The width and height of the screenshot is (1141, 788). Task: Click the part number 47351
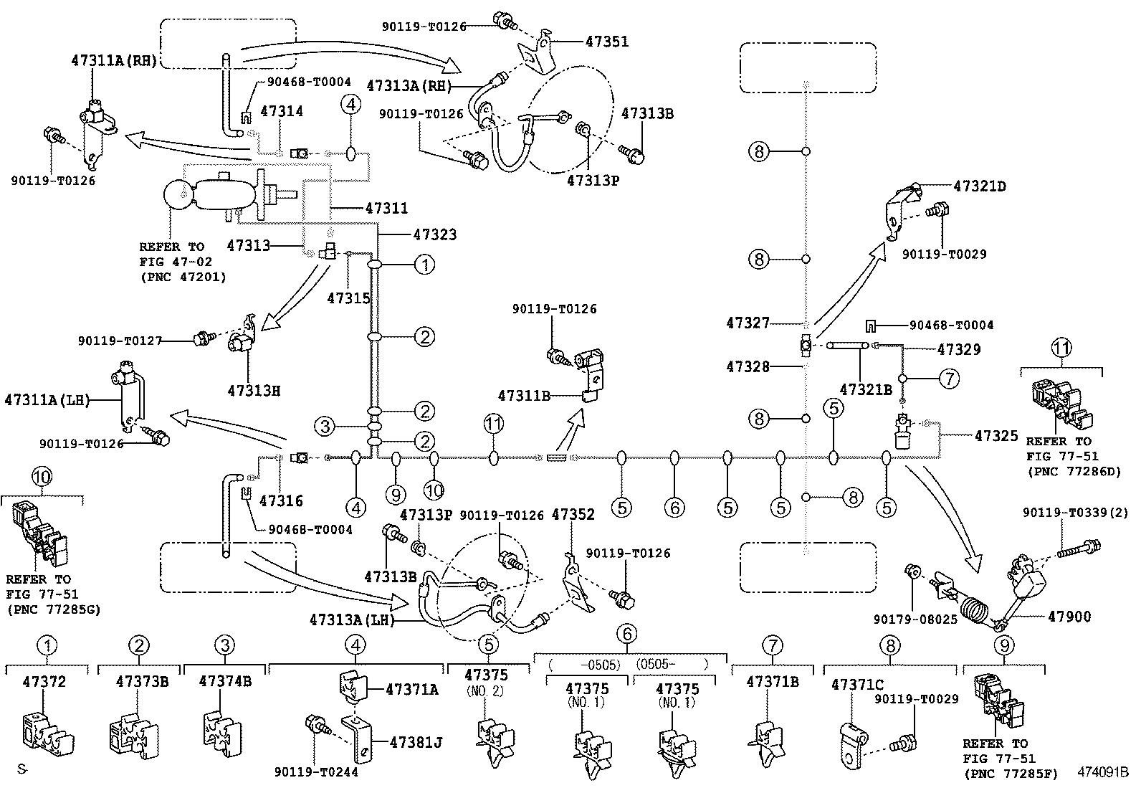(x=607, y=42)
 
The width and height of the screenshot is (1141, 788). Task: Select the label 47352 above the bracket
(x=573, y=515)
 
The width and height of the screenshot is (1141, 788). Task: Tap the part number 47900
(x=1069, y=617)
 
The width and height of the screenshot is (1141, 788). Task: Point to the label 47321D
(x=980, y=186)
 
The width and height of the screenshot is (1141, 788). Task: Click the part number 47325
(x=996, y=436)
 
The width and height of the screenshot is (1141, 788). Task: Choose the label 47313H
(x=254, y=391)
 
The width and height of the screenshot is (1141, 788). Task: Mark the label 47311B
(x=524, y=395)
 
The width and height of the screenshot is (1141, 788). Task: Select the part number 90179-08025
(x=915, y=619)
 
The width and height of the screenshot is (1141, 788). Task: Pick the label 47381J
(x=416, y=742)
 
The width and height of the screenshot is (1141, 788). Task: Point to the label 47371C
(x=857, y=685)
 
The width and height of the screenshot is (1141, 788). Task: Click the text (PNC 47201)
(x=183, y=277)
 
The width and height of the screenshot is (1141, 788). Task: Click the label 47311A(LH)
(x=47, y=399)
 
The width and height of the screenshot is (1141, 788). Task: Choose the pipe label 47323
(x=434, y=234)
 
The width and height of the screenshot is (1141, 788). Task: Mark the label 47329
(x=959, y=349)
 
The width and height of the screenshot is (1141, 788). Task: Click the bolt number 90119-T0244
(x=315, y=772)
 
